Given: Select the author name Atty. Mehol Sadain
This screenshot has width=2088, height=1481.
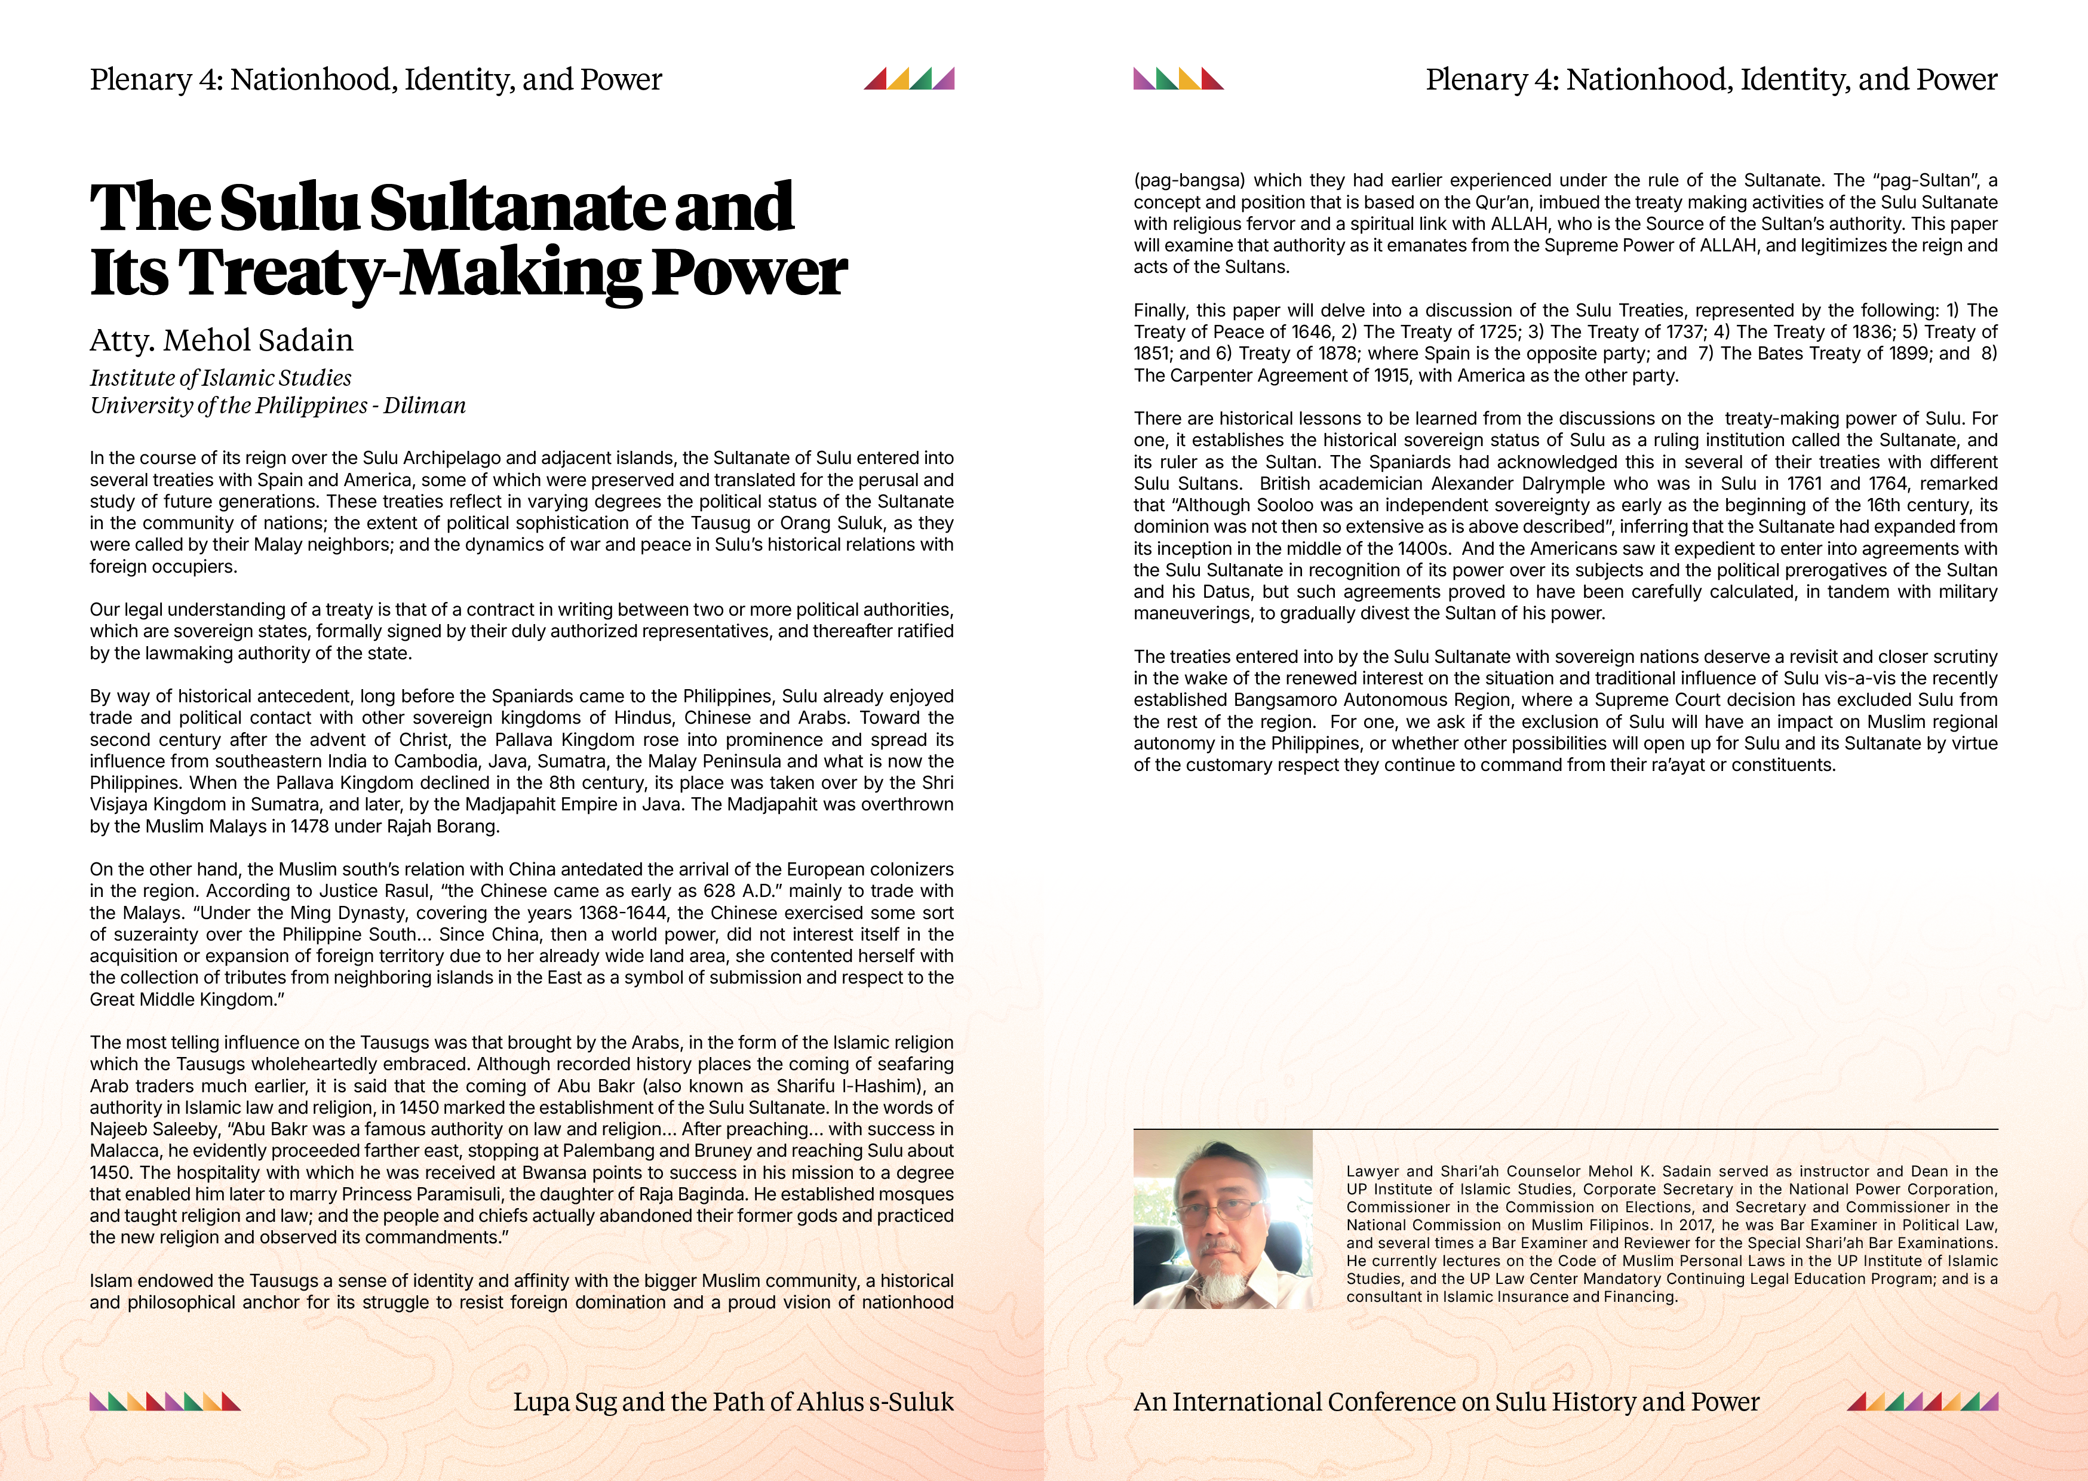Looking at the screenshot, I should [222, 340].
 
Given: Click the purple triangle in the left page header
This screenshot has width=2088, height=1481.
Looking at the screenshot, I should [945, 79].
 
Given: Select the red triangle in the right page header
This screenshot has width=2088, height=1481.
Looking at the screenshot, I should [1212, 79].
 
